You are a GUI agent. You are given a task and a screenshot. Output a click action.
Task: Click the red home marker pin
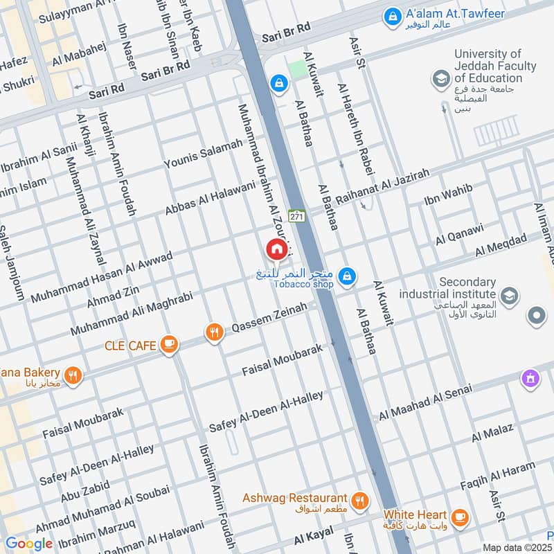click(276, 249)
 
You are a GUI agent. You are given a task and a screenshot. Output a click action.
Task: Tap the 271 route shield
click(297, 217)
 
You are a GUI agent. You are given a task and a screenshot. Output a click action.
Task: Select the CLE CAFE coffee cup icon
click(168, 343)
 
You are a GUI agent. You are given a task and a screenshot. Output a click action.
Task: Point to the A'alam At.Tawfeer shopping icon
click(392, 15)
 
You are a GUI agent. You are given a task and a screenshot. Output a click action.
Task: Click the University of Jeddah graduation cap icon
click(440, 80)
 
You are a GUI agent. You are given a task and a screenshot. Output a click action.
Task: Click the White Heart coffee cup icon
click(458, 517)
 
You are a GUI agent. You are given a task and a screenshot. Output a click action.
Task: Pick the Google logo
click(29, 544)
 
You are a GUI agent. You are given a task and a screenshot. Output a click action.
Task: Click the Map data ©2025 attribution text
click(517, 547)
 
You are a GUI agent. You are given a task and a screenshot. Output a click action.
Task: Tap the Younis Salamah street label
click(203, 154)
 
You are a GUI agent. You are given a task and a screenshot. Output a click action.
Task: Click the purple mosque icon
click(530, 379)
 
